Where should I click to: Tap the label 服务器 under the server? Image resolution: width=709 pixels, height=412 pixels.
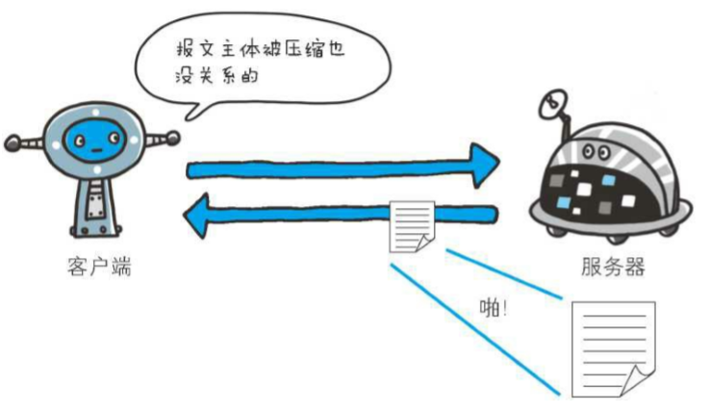pyautogui.click(x=613, y=267)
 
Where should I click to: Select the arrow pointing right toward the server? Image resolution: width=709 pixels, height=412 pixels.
pyautogui.click(x=342, y=166)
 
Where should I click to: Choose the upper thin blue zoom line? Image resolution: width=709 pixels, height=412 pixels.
pyautogui.click(x=500, y=273)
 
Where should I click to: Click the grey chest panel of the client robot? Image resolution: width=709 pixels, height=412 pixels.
pyautogui.click(x=93, y=201)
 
